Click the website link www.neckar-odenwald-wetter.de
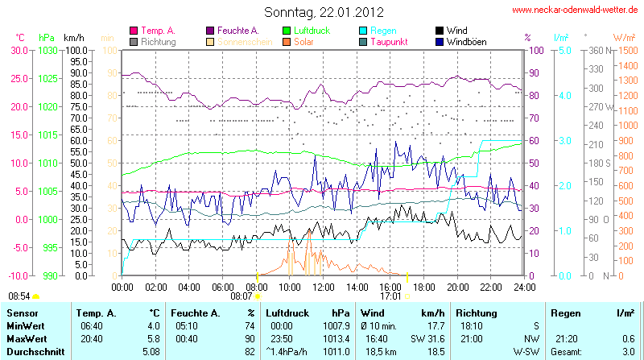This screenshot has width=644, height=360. coord(576,10)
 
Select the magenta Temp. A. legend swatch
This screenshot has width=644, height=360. coord(134,31)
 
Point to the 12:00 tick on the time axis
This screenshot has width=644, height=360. coord(323,286)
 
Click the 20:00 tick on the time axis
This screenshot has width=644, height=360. coord(457,286)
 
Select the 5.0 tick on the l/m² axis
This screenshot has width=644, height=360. coord(565,50)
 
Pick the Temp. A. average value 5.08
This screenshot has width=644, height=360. coord(151,351)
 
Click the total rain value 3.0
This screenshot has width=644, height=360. coord(629,351)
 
